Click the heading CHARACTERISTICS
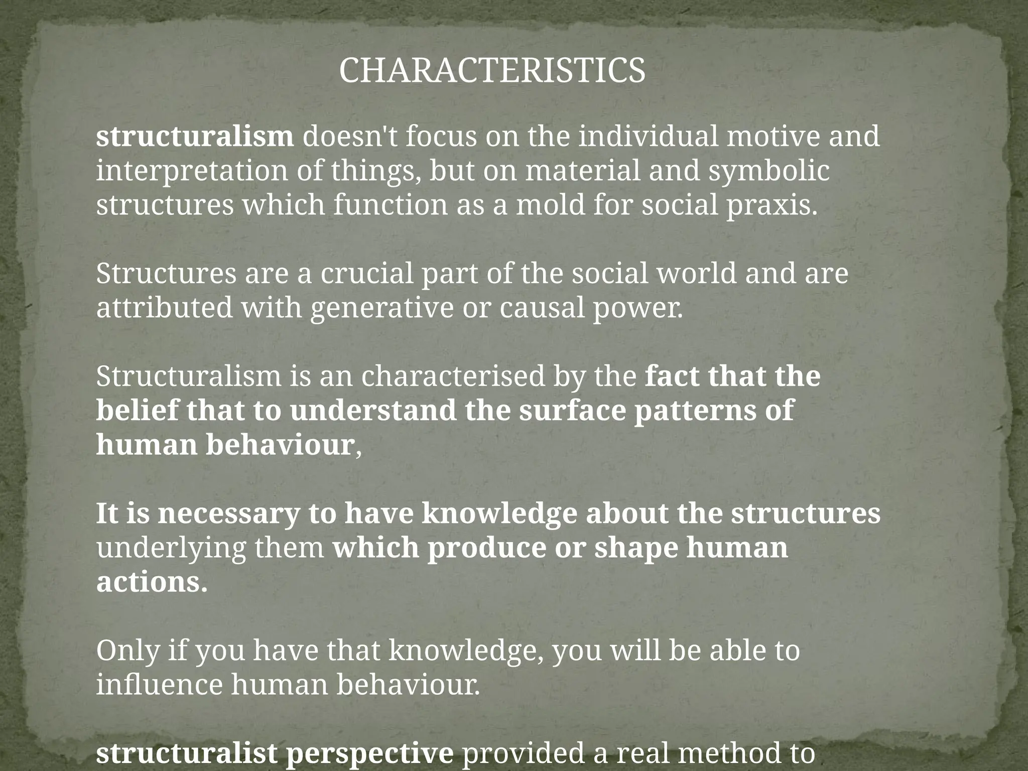coord(492,71)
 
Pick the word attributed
coord(165,308)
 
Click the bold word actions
coord(152,582)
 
